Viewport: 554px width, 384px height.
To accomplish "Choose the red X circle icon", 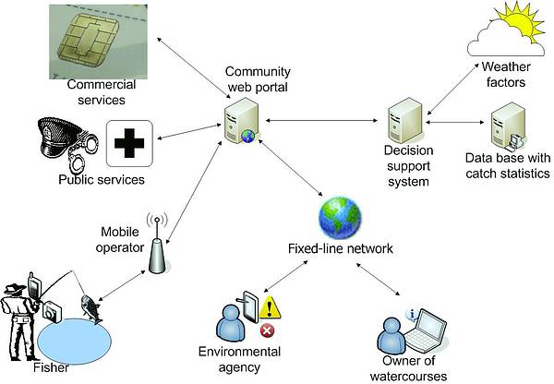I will click(267, 330).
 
